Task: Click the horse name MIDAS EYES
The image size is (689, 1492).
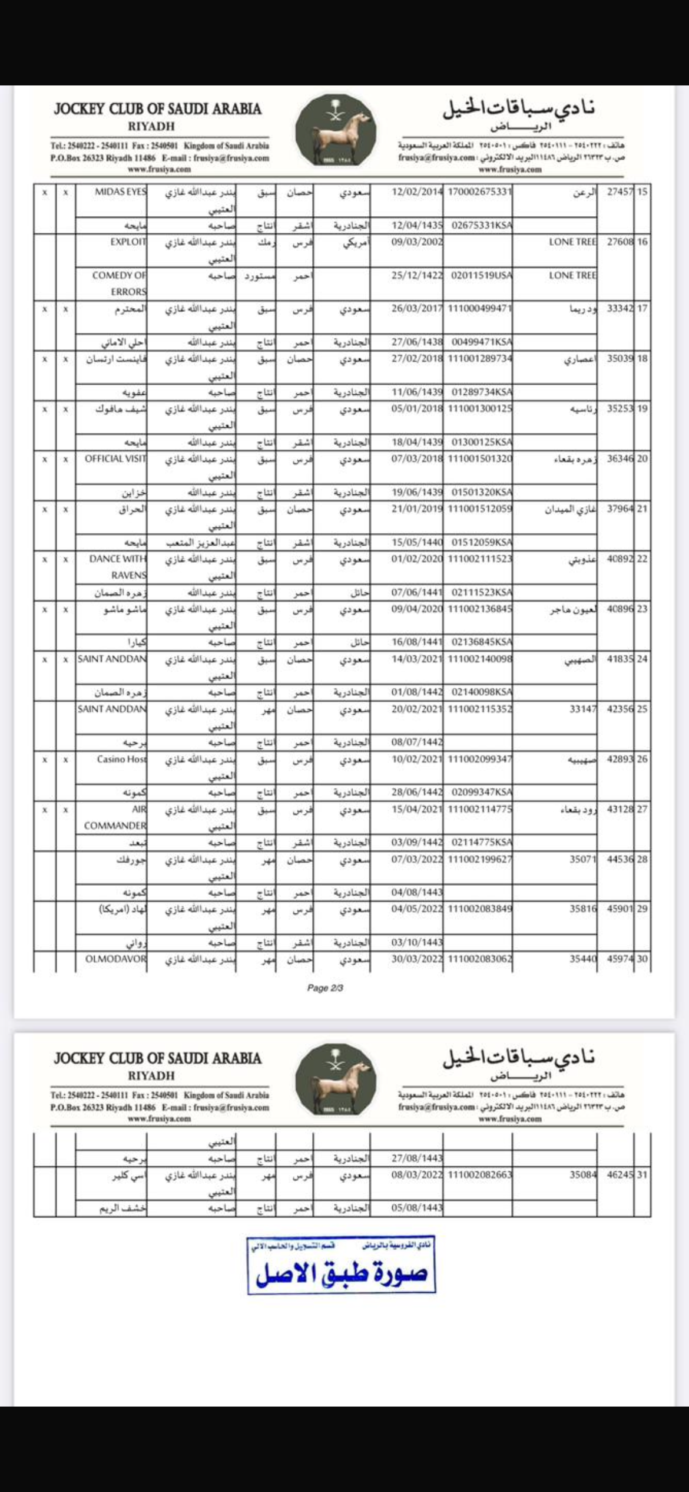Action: coord(120,192)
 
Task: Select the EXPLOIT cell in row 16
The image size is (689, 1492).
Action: coord(128,242)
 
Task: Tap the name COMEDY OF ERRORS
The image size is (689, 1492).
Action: coord(119,283)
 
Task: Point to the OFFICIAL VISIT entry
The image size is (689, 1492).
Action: coord(115,458)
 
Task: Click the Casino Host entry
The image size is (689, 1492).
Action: coord(121,759)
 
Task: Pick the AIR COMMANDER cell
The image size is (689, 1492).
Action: coord(115,817)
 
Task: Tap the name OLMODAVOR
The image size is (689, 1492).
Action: coord(115,959)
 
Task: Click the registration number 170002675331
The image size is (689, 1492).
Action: coord(480,192)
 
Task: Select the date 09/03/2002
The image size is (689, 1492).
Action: coord(417,242)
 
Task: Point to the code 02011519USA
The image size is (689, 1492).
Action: coord(482,275)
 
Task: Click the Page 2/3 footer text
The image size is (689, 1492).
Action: coord(325,988)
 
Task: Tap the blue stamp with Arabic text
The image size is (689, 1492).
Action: coord(341,1265)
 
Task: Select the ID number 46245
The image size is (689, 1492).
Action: coord(620,1174)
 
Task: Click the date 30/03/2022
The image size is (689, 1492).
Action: coord(417,959)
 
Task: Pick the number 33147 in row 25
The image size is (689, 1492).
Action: coord(583,709)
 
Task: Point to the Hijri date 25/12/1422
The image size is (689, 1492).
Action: coord(417,275)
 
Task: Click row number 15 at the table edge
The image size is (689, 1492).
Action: coord(642,192)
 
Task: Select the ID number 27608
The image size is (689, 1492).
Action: coord(620,242)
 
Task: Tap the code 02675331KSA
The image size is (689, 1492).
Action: coord(482,225)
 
